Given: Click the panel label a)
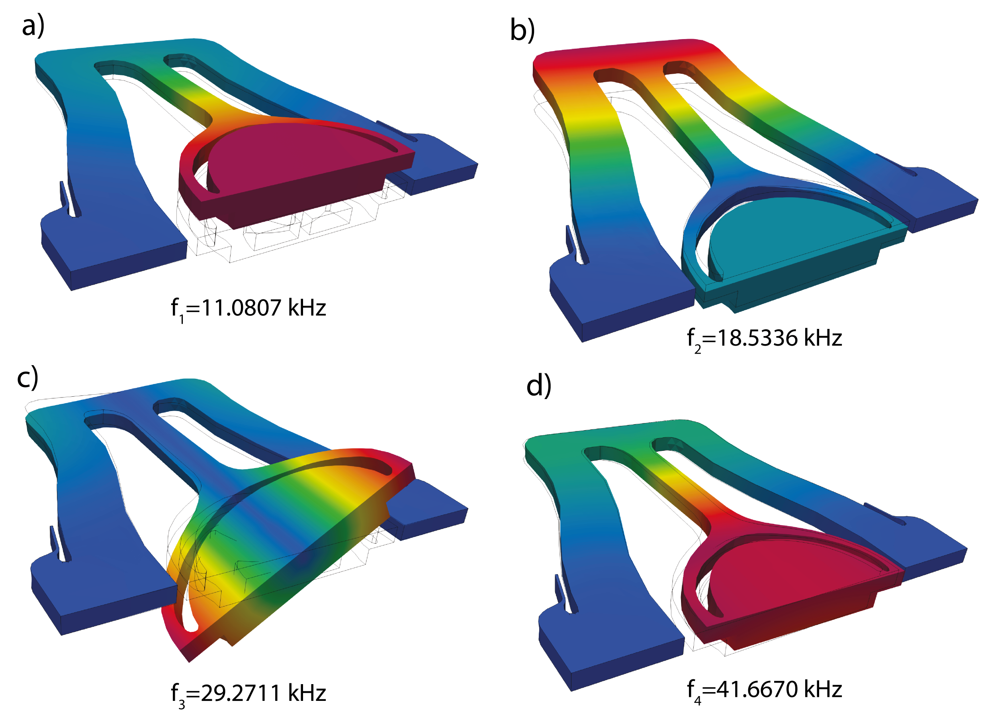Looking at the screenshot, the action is (x=33, y=26).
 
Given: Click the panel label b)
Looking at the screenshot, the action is (x=522, y=31).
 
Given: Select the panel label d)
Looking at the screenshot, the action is (x=539, y=386).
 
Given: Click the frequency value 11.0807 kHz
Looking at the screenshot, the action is (x=264, y=307).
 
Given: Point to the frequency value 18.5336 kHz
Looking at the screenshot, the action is (x=779, y=337).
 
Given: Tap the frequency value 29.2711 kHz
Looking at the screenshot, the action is (x=264, y=693).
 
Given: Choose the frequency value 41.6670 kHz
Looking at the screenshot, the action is (x=779, y=689).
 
